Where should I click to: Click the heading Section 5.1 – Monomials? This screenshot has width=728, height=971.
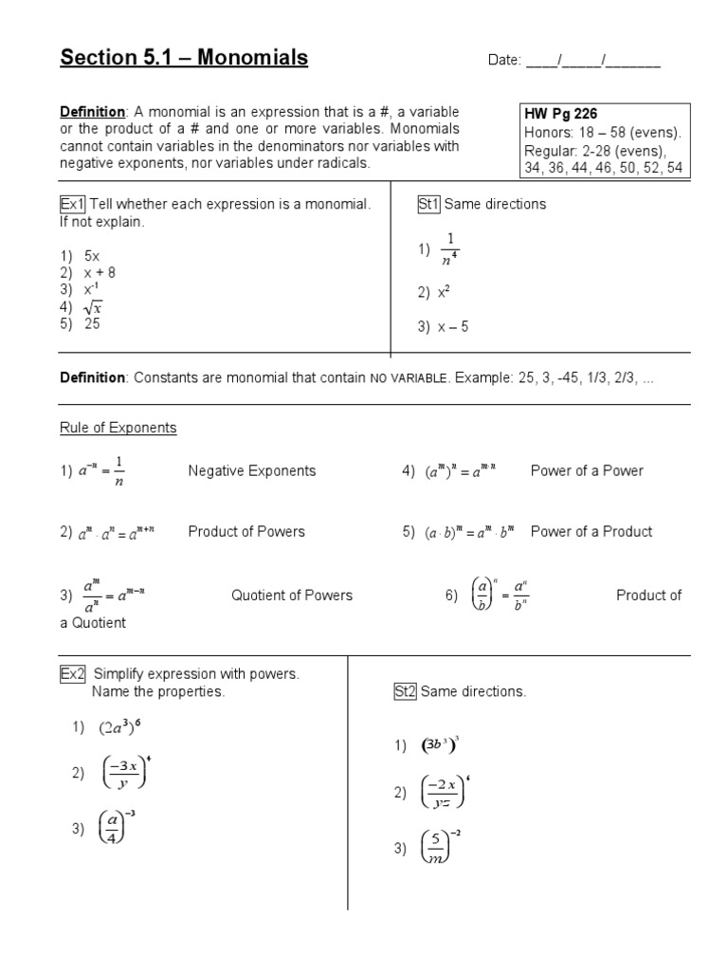[184, 58]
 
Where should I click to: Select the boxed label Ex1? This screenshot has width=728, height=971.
[72, 204]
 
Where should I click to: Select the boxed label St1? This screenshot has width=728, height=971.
[429, 204]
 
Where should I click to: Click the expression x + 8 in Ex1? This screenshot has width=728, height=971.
[100, 273]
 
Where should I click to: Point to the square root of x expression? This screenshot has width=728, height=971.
[93, 307]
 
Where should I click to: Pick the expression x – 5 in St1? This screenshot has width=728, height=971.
[453, 327]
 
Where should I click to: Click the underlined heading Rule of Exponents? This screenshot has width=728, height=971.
[118, 428]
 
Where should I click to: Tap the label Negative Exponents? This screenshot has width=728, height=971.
[252, 470]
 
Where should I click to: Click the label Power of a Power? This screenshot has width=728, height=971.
[587, 470]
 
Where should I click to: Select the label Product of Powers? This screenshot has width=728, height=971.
[246, 531]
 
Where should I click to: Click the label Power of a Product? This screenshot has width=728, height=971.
[591, 531]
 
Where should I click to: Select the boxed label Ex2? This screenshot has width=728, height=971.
[72, 673]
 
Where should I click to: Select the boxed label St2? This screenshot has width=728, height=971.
[405, 691]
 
